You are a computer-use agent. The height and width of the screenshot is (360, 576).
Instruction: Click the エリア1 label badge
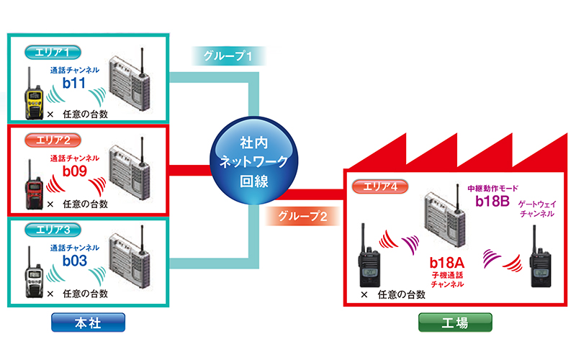tap(52, 53)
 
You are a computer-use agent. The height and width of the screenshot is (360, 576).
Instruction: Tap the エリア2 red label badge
tap(52, 139)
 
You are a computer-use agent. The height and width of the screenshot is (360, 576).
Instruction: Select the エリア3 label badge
tap(52, 229)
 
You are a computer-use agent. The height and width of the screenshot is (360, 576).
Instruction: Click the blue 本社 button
tap(88, 323)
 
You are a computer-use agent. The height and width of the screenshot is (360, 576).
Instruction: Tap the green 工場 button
tap(455, 323)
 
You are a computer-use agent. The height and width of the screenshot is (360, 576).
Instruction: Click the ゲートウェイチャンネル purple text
tap(537, 209)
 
